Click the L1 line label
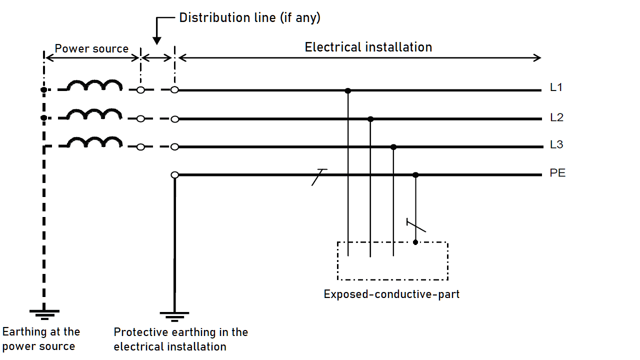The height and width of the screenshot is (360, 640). coord(556,87)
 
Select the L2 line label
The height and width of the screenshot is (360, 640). coord(556,117)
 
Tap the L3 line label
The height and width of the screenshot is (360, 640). coord(556,145)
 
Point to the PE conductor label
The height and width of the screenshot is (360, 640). coord(557,173)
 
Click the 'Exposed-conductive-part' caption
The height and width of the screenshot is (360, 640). coord(391,294)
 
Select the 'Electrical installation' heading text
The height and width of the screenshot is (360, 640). coord(368,47)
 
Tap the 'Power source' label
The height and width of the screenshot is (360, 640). coord(91,49)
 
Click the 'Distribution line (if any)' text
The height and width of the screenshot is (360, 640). coord(249,18)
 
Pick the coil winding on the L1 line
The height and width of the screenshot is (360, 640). coord(95,86)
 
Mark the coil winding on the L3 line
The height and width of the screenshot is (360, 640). coord(95,142)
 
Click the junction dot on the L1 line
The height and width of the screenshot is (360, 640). coord(348,90)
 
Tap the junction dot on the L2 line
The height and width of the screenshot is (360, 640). coord(370,119)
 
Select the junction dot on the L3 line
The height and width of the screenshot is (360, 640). coord(393,147)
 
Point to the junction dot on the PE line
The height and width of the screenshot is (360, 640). coord(415,175)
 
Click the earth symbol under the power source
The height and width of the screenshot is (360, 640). coord(44,313)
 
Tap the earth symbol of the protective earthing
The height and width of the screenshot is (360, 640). coord(174,316)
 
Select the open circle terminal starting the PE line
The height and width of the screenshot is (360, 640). coord(174,175)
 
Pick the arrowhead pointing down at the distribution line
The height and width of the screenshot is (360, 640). coord(156,40)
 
